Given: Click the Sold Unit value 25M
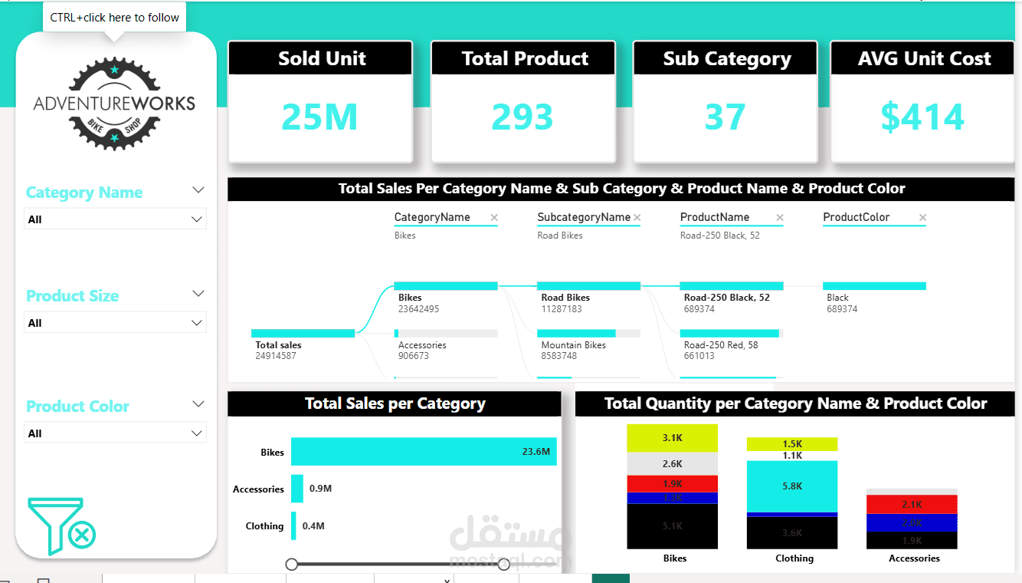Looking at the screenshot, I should pos(319,117).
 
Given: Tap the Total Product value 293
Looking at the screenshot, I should pos(522,117).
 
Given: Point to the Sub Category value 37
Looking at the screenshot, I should pos(725,117).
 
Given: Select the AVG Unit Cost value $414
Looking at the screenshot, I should pos(922,117).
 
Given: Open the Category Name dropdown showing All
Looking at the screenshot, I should pos(115,219).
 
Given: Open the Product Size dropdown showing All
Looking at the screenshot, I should pos(115,323).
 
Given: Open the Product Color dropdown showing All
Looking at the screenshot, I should pos(115,433).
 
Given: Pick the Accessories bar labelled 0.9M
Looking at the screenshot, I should pos(297,489).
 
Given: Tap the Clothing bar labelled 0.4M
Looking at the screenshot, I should pos(293,525).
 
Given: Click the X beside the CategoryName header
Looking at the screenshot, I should pos(494,218).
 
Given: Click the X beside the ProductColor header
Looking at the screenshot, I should pos(922,218).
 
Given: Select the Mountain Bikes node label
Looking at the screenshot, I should pos(573,345).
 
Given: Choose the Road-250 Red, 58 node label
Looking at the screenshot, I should pos(721,345).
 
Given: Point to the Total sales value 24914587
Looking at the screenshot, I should pos(276,356).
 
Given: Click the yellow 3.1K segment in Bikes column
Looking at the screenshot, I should pos(672,438).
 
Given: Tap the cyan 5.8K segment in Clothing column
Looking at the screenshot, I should pos(792,486).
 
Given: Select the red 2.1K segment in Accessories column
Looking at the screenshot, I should pos(912,504).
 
